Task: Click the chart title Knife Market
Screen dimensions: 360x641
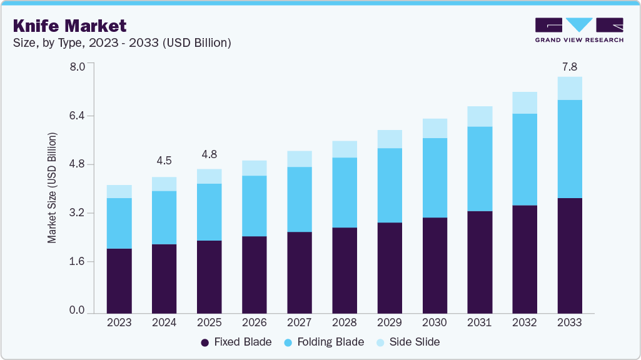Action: point(69,26)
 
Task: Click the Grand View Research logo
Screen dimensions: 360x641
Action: point(578,30)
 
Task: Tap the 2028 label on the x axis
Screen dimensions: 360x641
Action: point(345,323)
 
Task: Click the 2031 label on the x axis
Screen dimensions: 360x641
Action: point(480,323)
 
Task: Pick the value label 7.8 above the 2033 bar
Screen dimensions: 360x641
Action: point(569,66)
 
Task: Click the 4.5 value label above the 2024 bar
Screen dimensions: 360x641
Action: point(164,161)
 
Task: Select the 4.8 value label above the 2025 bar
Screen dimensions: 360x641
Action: point(209,154)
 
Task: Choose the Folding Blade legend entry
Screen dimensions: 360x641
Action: point(325,342)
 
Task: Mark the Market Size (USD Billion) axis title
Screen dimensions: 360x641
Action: point(53,187)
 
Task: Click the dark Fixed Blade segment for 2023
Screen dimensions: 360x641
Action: point(119,281)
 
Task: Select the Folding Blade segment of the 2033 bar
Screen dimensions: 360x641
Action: point(570,149)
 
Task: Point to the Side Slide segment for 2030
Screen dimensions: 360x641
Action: point(435,128)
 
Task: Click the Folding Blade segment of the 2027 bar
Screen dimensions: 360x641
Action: point(300,199)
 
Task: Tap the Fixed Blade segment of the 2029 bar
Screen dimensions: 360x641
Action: point(390,267)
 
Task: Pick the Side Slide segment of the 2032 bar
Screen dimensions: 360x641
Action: point(525,102)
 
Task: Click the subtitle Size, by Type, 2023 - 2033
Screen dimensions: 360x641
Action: point(122,43)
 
